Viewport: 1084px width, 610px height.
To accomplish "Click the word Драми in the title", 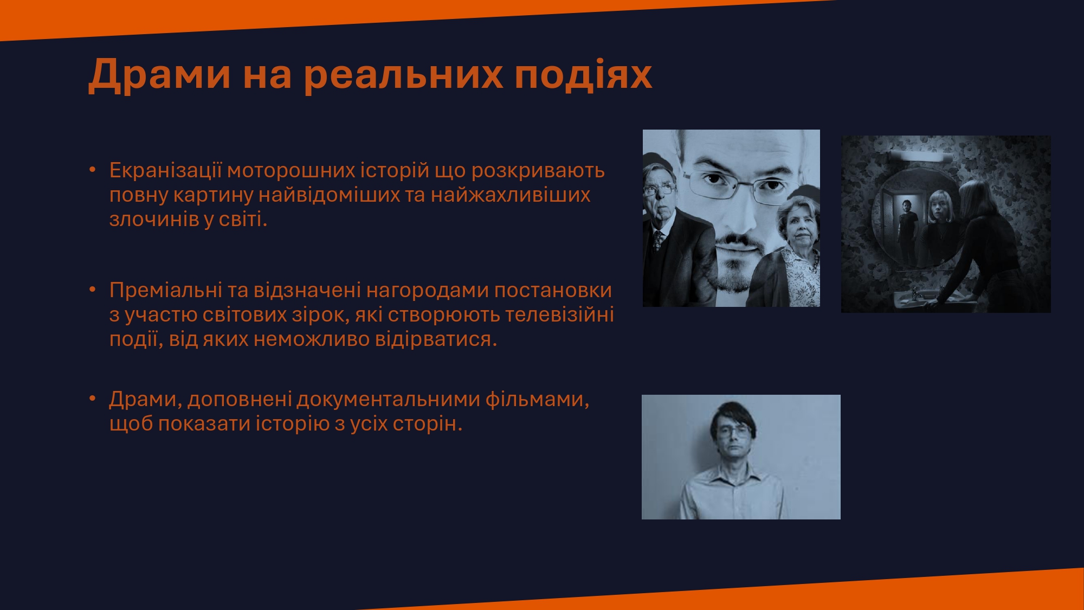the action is tap(160, 75).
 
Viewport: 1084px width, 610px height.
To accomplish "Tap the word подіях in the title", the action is tap(583, 75).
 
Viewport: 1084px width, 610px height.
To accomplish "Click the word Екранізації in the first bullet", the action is tap(165, 170).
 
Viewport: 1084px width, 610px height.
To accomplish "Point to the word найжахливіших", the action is tap(511, 195).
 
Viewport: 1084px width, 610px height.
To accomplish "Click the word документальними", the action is tap(388, 400).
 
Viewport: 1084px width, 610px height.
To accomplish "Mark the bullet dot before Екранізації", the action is tap(92, 170).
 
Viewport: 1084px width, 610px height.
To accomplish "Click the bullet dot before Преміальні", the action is tap(92, 290).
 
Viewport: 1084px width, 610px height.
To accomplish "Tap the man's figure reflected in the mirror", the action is tap(907, 230).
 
